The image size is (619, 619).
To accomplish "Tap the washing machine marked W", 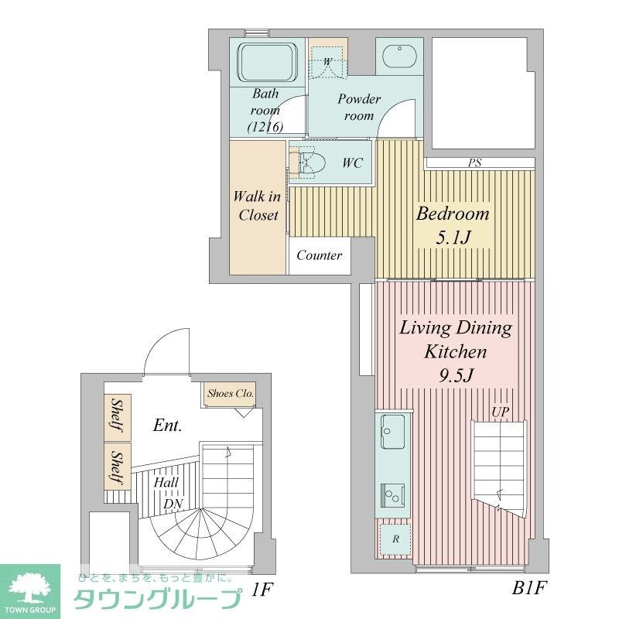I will coord(328,61).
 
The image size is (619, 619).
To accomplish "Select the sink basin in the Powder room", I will coord(399,58).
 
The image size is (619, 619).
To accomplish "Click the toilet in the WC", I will coord(311,162).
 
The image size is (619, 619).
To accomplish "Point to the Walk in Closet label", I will coord(258,206).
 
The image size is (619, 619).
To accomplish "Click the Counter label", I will coord(319,255).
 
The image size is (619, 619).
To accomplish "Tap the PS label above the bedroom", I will coord(474,163).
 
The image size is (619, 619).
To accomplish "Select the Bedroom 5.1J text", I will coord(453,225).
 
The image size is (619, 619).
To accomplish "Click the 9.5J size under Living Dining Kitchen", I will coord(455,377).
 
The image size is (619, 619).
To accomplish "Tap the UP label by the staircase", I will coord(501,412).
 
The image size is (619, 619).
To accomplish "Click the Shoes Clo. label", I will coord(230,394).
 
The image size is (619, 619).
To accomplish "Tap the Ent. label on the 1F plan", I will coord(167,425).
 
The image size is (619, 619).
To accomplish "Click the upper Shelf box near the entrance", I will coord(117,417).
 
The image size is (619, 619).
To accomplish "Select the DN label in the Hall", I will coord(172,504).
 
